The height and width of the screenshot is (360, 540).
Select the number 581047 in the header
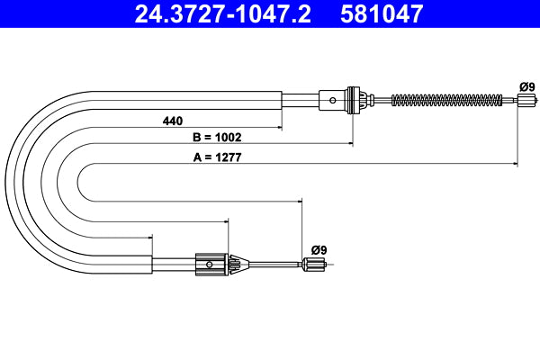click(x=381, y=13)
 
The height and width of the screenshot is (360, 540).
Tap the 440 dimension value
click(x=174, y=120)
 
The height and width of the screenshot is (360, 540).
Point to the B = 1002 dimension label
click(x=218, y=138)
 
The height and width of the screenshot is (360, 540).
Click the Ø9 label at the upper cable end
click(x=526, y=86)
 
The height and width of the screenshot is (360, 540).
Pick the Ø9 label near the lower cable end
click(x=319, y=249)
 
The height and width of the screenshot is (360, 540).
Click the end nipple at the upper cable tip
click(x=521, y=100)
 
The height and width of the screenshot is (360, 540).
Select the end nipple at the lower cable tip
click(x=315, y=265)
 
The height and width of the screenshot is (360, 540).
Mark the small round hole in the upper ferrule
click(x=334, y=100)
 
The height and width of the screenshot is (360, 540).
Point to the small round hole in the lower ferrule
click(x=210, y=265)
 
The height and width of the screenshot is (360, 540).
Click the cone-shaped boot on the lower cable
click(x=237, y=265)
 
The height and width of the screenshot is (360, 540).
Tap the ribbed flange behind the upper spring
click(x=354, y=100)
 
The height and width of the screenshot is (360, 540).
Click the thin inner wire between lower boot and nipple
click(x=274, y=265)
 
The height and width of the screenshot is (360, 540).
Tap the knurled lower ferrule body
click(x=210, y=265)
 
